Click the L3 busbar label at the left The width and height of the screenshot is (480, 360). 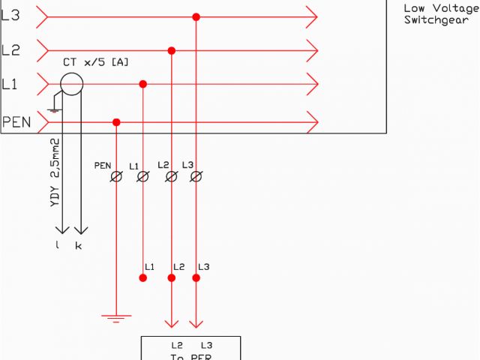tap(11, 15)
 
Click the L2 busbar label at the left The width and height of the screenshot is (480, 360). tap(11, 50)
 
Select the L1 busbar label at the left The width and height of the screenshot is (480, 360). tap(10, 85)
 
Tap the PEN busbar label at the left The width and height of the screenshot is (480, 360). tap(16, 121)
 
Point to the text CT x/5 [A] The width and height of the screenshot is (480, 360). tap(95, 61)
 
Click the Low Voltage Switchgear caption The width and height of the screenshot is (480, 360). tap(440, 14)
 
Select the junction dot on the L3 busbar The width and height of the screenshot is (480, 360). tap(196, 16)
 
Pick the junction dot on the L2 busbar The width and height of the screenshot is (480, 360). tap(172, 51)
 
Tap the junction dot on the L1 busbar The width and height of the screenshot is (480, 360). tap(143, 85)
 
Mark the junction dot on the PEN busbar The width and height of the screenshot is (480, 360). tap(116, 121)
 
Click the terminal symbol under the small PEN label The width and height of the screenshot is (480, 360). tap(116, 177)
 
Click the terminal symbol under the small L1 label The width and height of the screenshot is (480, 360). tap(143, 177)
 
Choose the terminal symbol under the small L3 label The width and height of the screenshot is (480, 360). tap(196, 177)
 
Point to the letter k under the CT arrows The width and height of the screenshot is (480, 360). tap(78, 246)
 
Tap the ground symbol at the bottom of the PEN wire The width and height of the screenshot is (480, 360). tap(116, 318)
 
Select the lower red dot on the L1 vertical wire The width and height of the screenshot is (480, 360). tap(143, 277)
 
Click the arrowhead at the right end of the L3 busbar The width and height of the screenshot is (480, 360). tap(312, 16)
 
